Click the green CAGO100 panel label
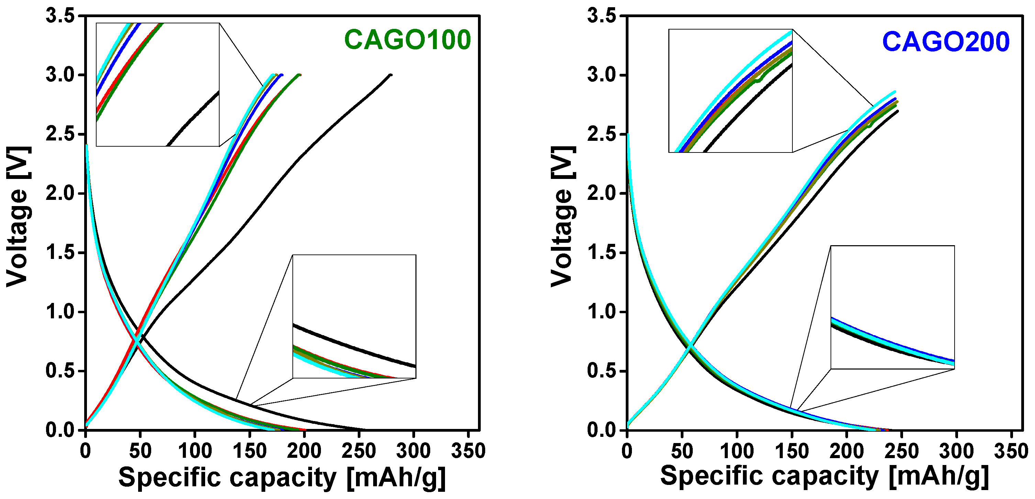tap(408, 40)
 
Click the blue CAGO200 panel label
tap(946, 42)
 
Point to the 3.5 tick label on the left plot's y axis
tap(60, 16)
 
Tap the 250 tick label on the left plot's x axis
tap(359, 451)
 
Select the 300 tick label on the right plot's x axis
tap(956, 451)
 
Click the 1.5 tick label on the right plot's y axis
tap(601, 252)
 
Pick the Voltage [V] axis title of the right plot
tap(563, 217)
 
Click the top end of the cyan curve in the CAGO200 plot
tap(895, 92)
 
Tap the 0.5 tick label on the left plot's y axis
tap(60, 371)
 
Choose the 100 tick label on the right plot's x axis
tap(737, 451)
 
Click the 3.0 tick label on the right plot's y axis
tap(601, 75)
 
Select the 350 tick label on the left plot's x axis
tap(468, 451)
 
